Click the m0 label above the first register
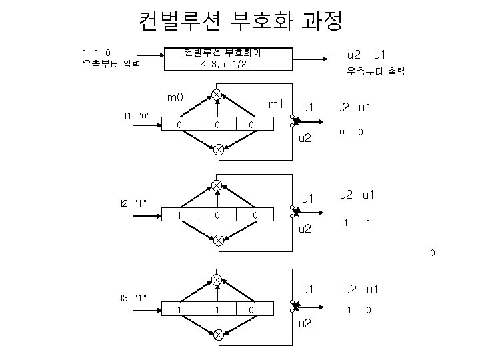tap(175, 99)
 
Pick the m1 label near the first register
tap(276, 105)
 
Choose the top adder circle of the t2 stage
tap(217, 185)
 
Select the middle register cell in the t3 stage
tap(217, 309)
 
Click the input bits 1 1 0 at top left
tap(97, 52)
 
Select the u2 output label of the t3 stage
tap(304, 324)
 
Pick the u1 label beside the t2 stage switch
tap(307, 198)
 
